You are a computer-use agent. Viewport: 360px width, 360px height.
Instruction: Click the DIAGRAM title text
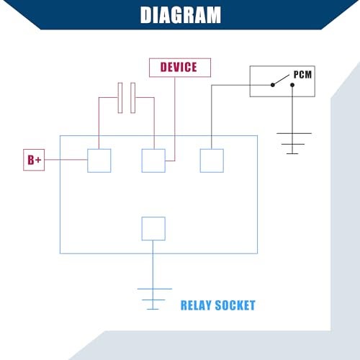(181, 15)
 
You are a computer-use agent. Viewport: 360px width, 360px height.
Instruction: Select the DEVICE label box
(180, 68)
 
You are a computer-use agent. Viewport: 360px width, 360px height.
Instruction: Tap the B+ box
(34, 160)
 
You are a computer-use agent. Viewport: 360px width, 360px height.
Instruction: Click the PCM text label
(302, 75)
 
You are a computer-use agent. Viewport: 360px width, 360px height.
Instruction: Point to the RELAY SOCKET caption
(218, 305)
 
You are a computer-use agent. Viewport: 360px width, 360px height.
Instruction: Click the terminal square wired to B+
(99, 161)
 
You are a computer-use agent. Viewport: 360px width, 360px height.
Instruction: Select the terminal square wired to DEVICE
(153, 161)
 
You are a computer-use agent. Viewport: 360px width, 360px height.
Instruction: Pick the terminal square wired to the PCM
(212, 161)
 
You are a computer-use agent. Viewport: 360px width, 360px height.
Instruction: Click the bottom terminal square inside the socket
(153, 228)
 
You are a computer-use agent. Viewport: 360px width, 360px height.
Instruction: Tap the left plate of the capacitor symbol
(120, 98)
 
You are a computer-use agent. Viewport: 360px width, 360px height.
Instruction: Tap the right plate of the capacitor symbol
(133, 98)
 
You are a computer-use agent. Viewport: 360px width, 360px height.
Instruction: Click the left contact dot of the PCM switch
(273, 85)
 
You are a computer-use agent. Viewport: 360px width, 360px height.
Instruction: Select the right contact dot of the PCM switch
(292, 85)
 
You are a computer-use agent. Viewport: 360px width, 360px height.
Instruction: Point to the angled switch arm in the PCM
(282, 80)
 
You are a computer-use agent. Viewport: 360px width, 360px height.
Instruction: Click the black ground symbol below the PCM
(294, 143)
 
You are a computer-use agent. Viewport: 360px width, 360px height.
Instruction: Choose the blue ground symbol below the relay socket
(155, 299)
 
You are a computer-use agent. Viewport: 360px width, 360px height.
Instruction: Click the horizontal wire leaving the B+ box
(66, 160)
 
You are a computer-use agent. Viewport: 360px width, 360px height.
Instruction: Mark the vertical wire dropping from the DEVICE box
(175, 119)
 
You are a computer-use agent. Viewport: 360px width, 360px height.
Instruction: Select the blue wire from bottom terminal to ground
(153, 264)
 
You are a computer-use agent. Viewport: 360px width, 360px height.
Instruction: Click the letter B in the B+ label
(31, 160)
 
